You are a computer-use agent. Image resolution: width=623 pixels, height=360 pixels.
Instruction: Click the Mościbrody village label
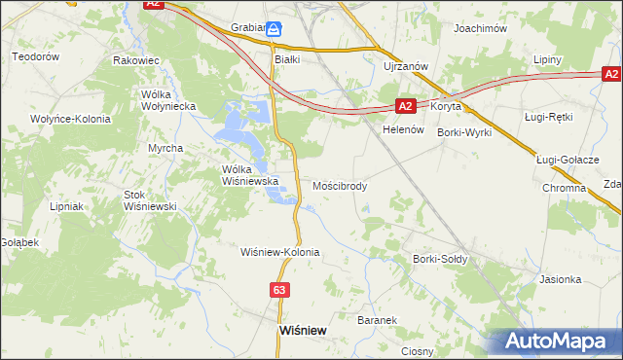340,185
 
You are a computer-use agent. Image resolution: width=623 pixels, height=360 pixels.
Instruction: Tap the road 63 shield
279,290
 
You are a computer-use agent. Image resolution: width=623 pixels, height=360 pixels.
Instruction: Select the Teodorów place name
36,56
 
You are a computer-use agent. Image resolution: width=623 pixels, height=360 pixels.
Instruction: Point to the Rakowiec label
136,60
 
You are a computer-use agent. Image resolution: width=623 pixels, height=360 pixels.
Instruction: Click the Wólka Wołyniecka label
168,99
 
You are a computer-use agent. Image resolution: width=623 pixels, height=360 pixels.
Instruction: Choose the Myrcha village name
165,148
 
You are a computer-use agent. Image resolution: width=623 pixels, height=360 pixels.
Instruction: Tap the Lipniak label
68,206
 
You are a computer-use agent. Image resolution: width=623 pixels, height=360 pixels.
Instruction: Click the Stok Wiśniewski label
149,200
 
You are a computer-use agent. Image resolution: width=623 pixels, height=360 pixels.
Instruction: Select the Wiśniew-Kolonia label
280,252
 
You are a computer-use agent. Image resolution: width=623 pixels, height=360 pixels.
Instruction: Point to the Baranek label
377,320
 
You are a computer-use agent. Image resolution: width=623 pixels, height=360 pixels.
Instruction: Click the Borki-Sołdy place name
440,260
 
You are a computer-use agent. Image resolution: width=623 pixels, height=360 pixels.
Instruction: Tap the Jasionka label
560,279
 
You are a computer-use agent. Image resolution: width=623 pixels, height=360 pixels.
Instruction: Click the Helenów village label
405,129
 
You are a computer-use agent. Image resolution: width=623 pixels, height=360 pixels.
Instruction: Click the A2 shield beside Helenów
407,106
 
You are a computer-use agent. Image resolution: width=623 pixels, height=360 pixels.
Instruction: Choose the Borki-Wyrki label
464,131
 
